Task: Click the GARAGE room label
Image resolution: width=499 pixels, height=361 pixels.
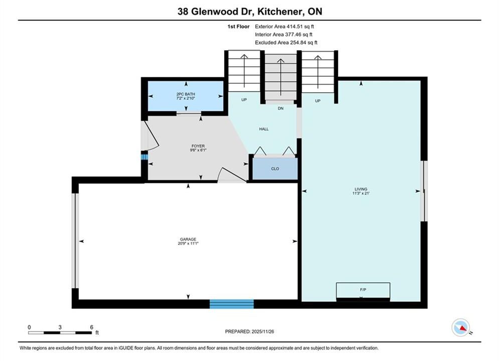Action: [188, 239]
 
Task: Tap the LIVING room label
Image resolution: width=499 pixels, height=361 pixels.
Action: [361, 189]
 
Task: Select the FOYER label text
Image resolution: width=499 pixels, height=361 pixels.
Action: [198, 146]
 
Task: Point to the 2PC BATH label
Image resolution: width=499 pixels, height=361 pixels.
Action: [186, 94]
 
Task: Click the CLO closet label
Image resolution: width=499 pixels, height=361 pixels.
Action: [275, 168]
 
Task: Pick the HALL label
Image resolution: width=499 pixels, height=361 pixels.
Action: [264, 129]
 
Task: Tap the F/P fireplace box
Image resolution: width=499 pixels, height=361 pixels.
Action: [363, 291]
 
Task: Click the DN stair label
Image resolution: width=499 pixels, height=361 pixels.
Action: [280, 108]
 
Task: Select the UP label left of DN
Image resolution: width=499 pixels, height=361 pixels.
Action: [244, 100]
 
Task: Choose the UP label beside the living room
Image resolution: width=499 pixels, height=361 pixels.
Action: [317, 101]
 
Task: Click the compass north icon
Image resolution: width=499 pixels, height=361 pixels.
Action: [461, 327]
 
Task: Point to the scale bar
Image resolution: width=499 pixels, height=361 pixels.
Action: [60, 333]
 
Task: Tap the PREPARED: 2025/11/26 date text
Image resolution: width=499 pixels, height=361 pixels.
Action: [250, 331]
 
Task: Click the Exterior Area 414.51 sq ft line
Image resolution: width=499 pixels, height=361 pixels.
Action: [284, 27]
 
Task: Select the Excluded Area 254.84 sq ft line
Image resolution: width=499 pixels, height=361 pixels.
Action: [286, 43]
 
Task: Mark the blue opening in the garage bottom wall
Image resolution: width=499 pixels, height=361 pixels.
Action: [232, 304]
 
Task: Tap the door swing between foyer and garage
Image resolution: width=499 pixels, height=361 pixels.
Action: [232, 175]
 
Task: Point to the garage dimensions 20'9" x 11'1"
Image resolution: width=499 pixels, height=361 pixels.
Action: [188, 243]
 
